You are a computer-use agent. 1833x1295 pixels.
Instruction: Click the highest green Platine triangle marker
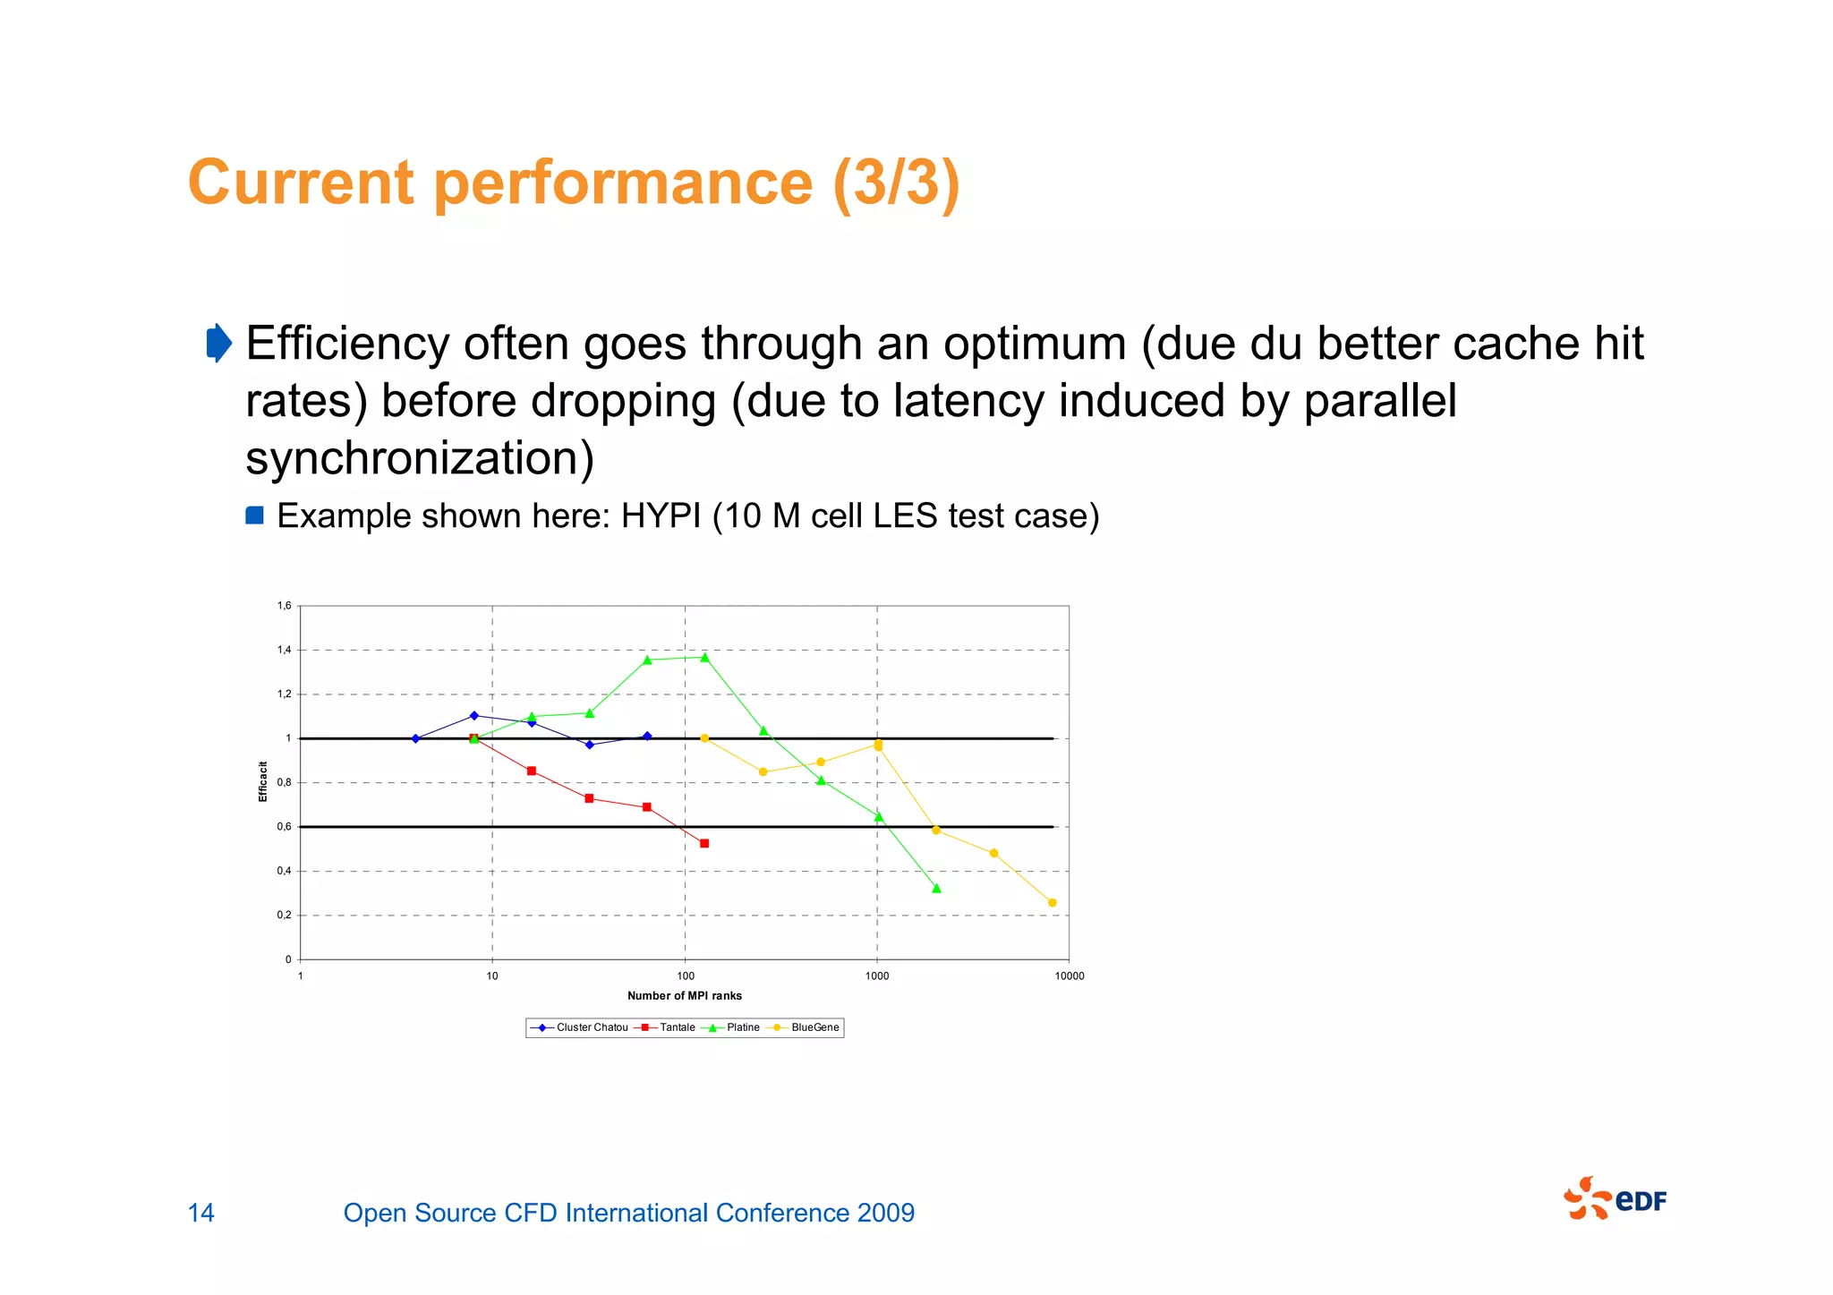pyautogui.click(x=704, y=658)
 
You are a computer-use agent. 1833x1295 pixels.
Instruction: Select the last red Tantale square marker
pyautogui.click(x=704, y=844)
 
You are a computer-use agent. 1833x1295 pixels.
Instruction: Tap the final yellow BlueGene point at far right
pyautogui.click(x=1052, y=903)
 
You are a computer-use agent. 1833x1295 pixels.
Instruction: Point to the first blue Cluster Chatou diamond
pyautogui.click(x=415, y=739)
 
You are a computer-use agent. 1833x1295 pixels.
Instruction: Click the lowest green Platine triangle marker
pyautogui.click(x=936, y=889)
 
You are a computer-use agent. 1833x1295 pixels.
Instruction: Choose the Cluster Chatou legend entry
pyautogui.click(x=580, y=1027)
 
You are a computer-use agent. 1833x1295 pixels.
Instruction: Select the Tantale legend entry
pyautogui.click(x=667, y=1027)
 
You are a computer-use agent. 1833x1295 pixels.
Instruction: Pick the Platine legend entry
pyautogui.click(x=735, y=1027)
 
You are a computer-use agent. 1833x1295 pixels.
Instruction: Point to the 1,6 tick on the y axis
pyautogui.click(x=285, y=606)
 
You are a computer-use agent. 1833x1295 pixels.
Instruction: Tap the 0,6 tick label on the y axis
pyautogui.click(x=285, y=827)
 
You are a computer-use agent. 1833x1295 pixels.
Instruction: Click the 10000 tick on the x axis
pyautogui.click(x=1069, y=976)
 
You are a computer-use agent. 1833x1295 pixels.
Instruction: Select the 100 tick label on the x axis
pyautogui.click(x=686, y=976)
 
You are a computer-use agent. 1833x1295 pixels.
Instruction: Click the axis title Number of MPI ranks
pyautogui.click(x=685, y=996)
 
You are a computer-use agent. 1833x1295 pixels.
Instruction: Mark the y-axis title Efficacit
pyautogui.click(x=263, y=782)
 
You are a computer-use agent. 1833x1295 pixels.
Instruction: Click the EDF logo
pyautogui.click(x=1616, y=1199)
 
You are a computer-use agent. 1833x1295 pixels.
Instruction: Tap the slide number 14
pyautogui.click(x=201, y=1213)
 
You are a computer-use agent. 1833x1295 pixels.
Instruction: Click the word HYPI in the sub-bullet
pyautogui.click(x=661, y=516)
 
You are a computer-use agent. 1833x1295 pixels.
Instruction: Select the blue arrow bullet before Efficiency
pyautogui.click(x=218, y=343)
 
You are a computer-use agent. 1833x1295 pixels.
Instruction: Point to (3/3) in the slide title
pyautogui.click(x=896, y=183)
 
